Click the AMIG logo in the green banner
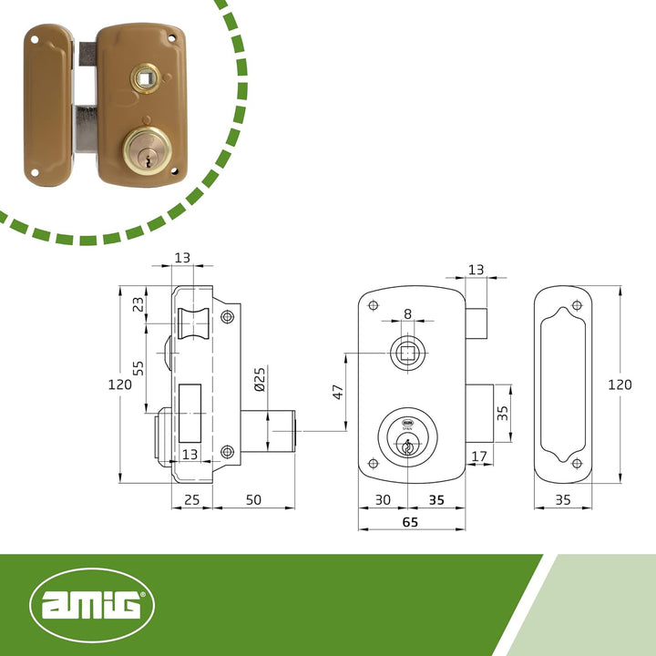[92, 605]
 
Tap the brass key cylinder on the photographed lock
[147, 150]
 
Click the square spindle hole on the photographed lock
[145, 77]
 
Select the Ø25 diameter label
[260, 379]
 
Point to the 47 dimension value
[338, 392]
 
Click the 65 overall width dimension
[410, 522]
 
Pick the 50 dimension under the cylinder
[253, 499]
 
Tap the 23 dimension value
[138, 303]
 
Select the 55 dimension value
[138, 368]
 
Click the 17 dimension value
[479, 456]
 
